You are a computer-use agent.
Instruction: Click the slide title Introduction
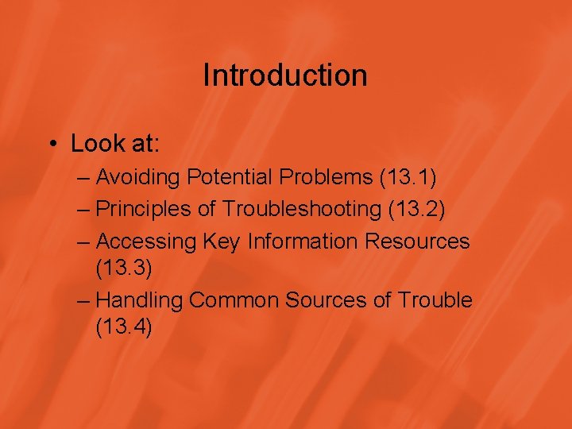(x=285, y=75)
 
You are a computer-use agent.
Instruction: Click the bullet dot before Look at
(x=52, y=144)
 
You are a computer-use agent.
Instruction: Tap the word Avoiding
(x=140, y=177)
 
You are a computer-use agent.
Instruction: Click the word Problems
(x=327, y=177)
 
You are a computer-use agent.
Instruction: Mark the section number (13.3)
(x=123, y=268)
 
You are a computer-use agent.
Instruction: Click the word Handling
(x=140, y=300)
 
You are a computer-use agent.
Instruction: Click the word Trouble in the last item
(x=435, y=300)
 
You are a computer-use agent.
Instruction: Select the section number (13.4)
(x=123, y=327)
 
